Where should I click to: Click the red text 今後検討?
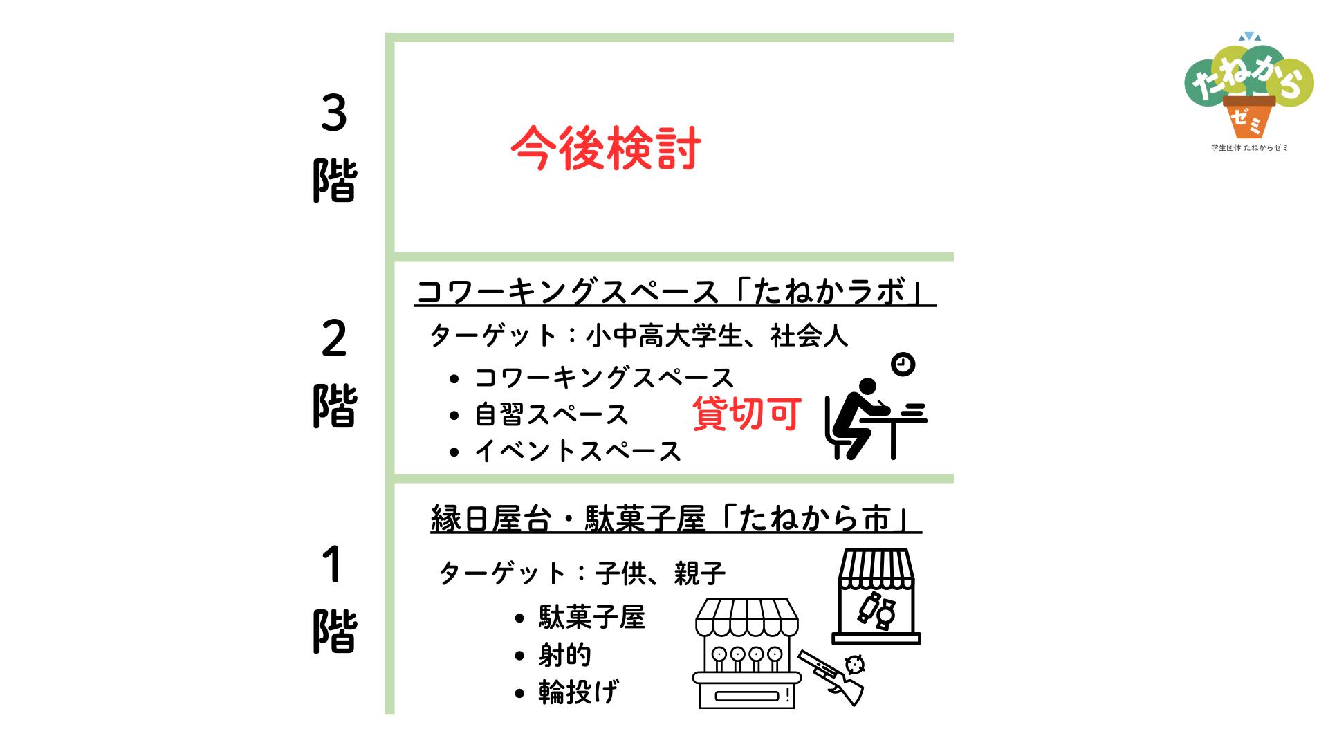(606, 148)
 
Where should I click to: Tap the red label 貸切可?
(747, 413)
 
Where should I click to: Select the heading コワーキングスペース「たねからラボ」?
(675, 293)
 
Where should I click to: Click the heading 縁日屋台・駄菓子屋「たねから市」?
(676, 519)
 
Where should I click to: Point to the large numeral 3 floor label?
(334, 114)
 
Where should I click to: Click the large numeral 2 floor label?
(334, 340)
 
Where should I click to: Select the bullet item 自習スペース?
(551, 414)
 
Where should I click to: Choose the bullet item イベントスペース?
(578, 451)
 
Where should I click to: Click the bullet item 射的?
(565, 654)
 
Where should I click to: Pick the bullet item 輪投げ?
(579, 692)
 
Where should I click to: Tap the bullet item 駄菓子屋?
(592, 618)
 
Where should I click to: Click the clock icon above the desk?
(903, 364)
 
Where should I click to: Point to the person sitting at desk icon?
(876, 418)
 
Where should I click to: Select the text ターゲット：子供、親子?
(582, 573)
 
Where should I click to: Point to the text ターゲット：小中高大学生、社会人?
(638, 336)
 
